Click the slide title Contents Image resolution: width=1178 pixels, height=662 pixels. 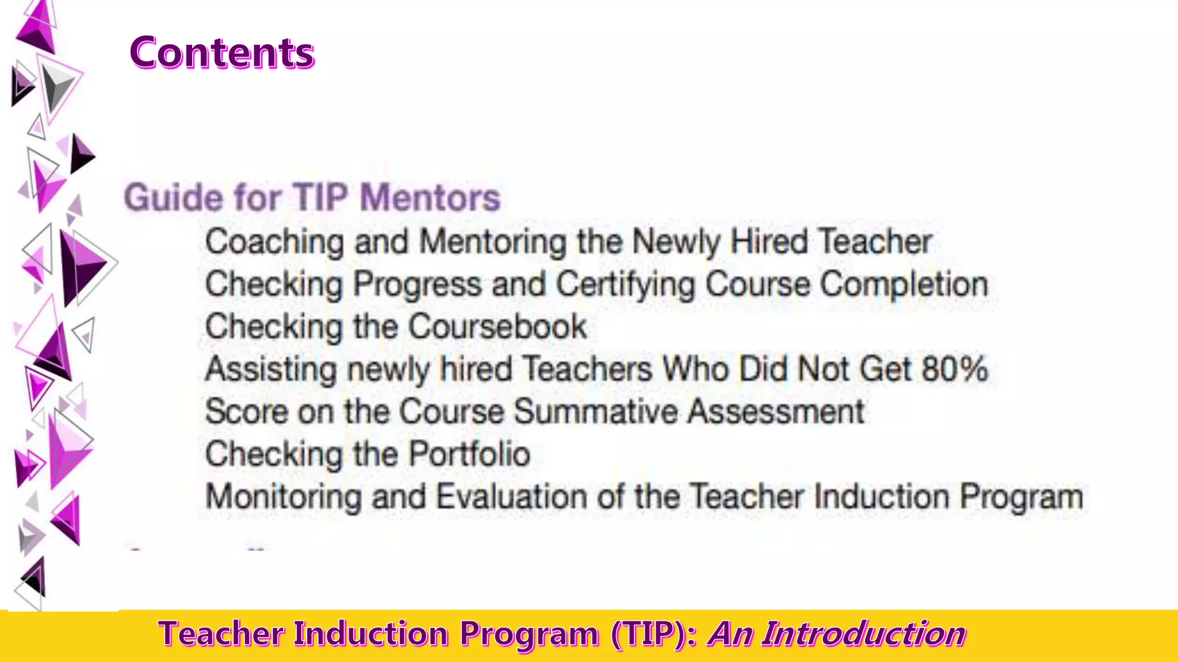click(222, 53)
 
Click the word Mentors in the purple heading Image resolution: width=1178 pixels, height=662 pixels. click(430, 198)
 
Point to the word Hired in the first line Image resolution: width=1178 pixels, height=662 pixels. click(769, 241)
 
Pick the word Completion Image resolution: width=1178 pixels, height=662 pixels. click(904, 284)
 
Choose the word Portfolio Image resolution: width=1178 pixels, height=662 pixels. click(469, 454)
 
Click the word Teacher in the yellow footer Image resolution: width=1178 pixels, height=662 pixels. click(221, 634)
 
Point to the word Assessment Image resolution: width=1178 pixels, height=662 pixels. click(776, 411)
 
